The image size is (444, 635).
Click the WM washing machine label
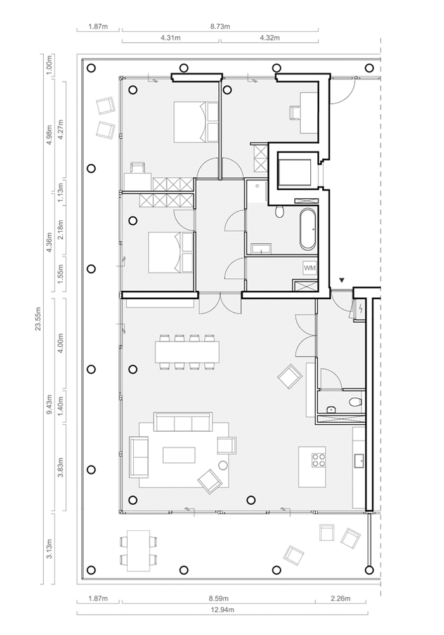pos(310,268)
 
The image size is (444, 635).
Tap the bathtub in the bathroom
pos(308,230)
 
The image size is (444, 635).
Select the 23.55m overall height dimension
pos(39,318)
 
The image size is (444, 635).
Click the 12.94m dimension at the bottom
pos(222,609)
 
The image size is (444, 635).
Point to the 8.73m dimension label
pos(220,27)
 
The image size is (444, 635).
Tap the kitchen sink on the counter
pos(358,460)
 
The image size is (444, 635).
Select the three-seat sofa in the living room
pos(183,422)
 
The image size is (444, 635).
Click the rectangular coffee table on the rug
pos(179,455)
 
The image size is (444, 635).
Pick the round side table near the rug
pos(223,465)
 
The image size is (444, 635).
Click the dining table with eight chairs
pos(187,352)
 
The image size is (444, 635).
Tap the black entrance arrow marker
pos(342,280)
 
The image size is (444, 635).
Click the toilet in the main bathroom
pos(279,211)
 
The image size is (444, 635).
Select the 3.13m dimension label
pos(49,549)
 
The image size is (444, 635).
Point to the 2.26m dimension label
pos(341,599)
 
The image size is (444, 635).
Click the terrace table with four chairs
pos(138,551)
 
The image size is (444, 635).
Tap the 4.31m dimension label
pos(170,38)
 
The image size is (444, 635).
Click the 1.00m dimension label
pos(49,65)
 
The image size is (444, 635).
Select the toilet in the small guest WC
pos(355,402)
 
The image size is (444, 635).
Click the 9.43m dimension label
pos(49,404)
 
